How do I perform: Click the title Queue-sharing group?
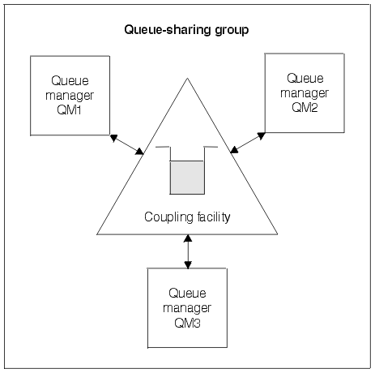point(186,30)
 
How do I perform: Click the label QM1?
point(69,110)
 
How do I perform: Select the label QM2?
point(305,108)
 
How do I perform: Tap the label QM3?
point(187,323)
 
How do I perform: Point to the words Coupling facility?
point(187,217)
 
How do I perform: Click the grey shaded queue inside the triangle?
point(187,178)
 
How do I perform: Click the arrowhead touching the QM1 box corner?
point(113,138)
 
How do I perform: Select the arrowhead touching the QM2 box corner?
point(262,135)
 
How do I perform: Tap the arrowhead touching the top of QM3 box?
point(188,265)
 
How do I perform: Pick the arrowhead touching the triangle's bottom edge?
point(188,238)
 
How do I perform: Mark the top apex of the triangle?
point(187,79)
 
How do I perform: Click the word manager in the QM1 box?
point(70,96)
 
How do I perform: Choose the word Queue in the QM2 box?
point(305,79)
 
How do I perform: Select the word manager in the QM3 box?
point(187,308)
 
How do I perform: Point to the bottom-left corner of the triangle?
point(97,234)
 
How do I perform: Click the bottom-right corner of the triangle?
point(277,234)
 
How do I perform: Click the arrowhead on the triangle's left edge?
point(139,152)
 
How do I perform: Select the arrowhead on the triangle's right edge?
point(234,149)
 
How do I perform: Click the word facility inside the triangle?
point(214,217)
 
